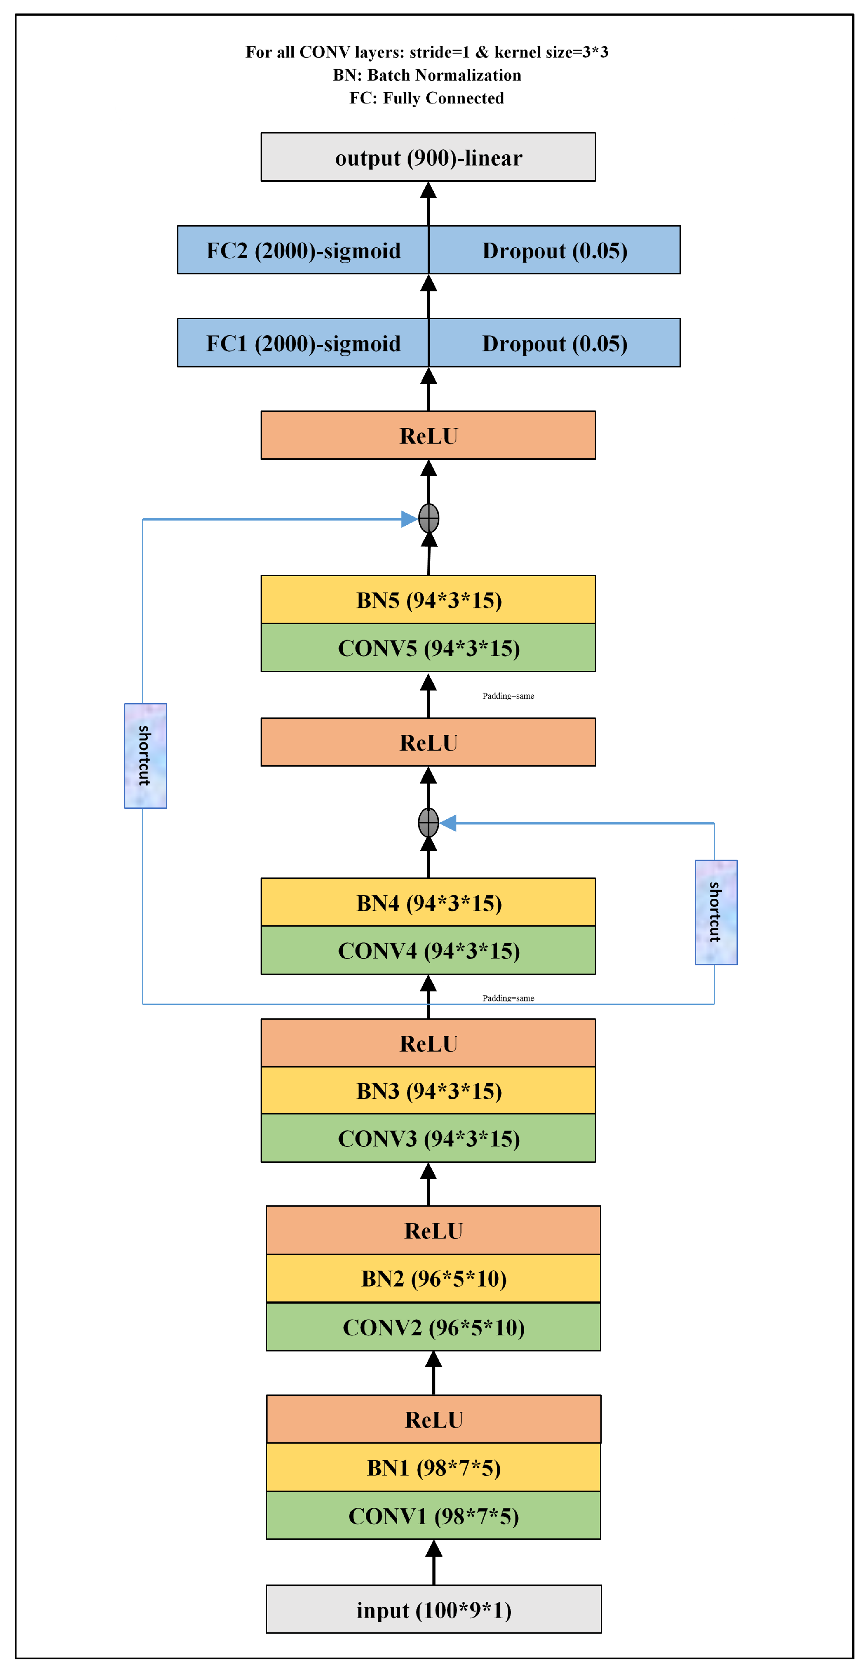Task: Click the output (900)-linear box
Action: click(428, 157)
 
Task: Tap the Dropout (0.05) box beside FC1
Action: click(554, 343)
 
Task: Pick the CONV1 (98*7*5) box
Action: click(433, 1515)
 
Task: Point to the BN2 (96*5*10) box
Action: click(433, 1278)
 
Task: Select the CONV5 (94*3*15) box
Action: click(428, 647)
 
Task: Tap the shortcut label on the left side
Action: click(145, 756)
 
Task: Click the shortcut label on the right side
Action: click(716, 912)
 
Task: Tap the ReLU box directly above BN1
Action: click(433, 1419)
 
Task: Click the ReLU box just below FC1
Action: click(428, 435)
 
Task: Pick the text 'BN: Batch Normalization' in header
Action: click(427, 75)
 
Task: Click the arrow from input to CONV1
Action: click(433, 1564)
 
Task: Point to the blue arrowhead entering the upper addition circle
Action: click(409, 519)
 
